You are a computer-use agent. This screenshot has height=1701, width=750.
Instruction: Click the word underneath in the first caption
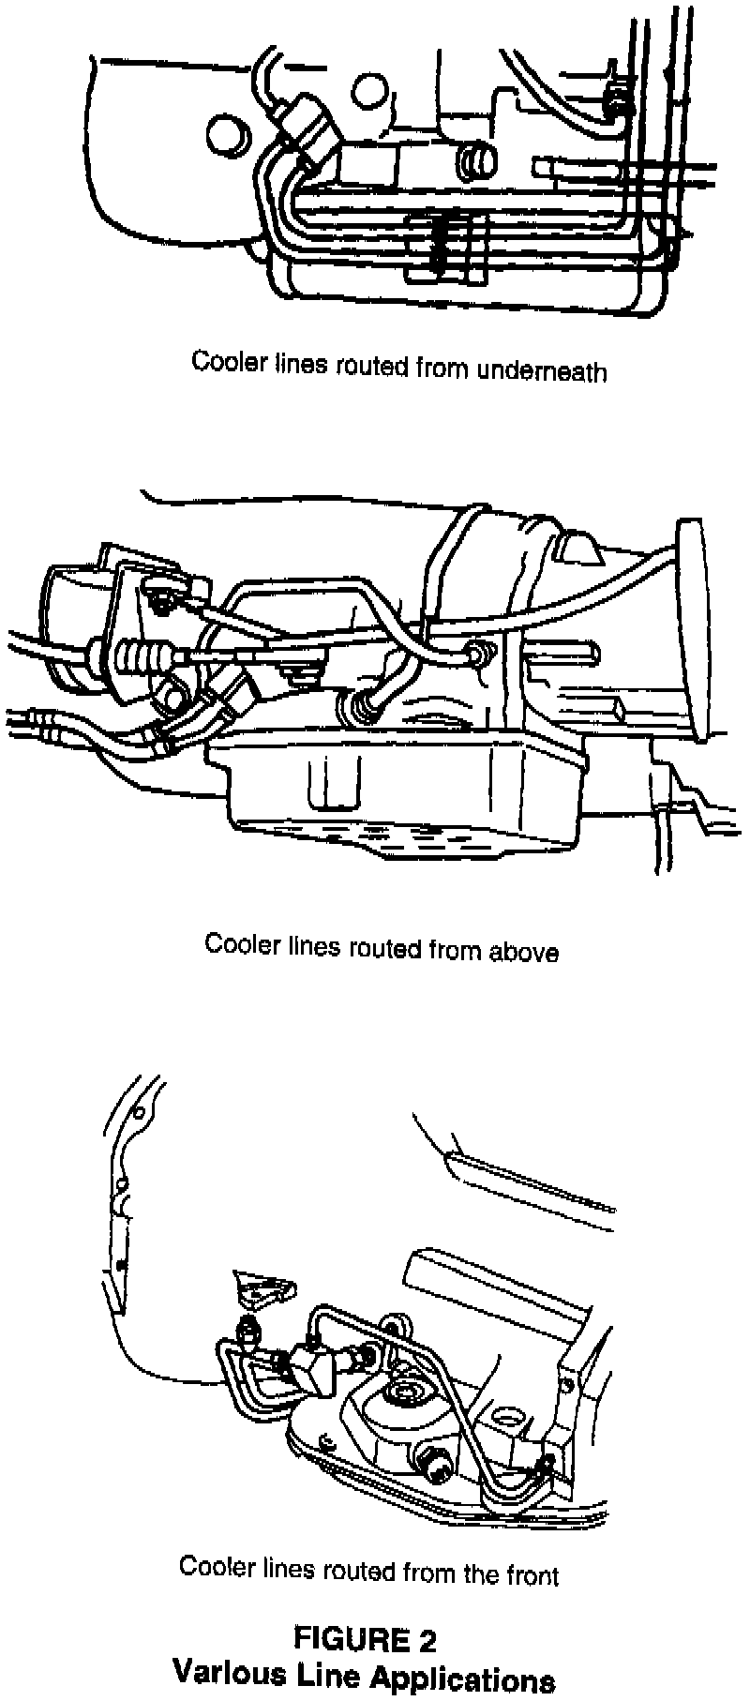tap(542, 370)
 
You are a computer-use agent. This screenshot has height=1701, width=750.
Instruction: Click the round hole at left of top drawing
tap(226, 133)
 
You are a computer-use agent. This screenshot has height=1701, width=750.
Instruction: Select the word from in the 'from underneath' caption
tap(443, 368)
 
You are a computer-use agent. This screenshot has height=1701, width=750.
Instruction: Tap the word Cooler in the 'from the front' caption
tap(213, 1565)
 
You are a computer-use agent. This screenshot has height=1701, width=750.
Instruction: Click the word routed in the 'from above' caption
tap(386, 947)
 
